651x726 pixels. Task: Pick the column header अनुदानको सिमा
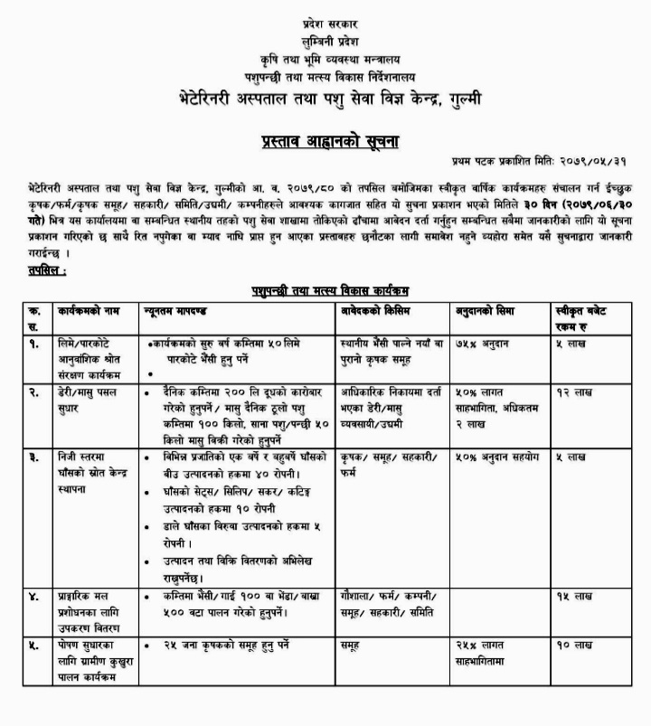[487, 311]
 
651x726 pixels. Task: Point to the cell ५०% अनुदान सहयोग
[496, 457]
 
